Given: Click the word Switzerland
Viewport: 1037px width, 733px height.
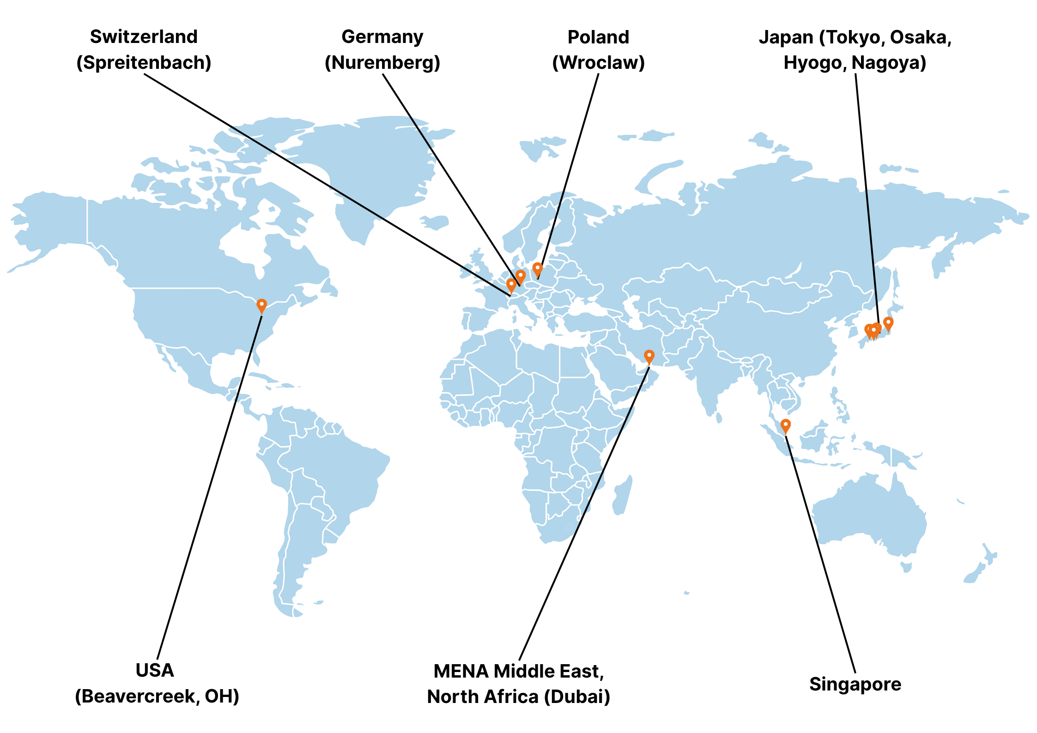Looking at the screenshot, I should click(x=144, y=37).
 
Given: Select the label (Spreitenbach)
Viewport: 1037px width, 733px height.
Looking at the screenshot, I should click(x=144, y=62).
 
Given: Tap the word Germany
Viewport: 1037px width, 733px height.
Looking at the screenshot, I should click(x=382, y=37).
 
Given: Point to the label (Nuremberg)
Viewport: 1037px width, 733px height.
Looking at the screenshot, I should click(x=382, y=62).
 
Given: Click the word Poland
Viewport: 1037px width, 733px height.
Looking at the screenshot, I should click(x=598, y=37).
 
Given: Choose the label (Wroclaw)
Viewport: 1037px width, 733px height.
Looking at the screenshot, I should click(x=598, y=62).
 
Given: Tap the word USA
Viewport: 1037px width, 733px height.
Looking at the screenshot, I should click(x=155, y=670).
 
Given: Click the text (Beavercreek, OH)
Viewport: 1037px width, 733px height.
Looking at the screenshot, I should click(x=157, y=696).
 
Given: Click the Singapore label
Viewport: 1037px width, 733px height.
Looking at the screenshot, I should click(x=855, y=684).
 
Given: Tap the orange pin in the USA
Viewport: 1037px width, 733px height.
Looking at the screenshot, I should click(x=261, y=305).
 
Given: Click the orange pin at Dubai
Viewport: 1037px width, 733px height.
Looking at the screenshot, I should click(x=649, y=356).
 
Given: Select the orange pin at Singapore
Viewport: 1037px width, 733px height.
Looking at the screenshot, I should click(x=785, y=425).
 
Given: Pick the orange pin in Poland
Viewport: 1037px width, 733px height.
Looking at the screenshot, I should click(x=537, y=268).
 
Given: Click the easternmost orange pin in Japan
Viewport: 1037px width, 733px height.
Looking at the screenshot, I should click(x=888, y=323).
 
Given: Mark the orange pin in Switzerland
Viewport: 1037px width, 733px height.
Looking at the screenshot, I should click(x=511, y=285).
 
